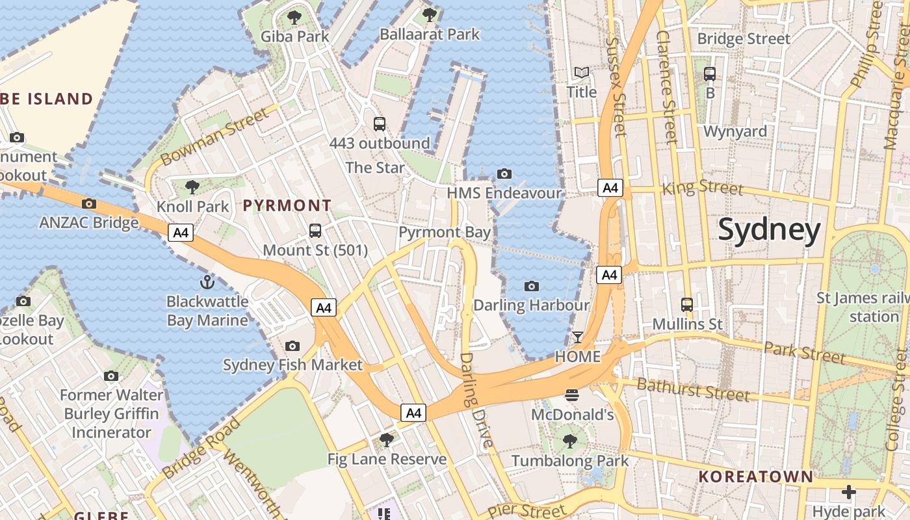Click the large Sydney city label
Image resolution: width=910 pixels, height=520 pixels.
pyautogui.click(x=769, y=231)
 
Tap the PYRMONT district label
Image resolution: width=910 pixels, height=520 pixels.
pyautogui.click(x=287, y=205)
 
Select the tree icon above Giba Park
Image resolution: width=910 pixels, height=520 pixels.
pyautogui.click(x=294, y=17)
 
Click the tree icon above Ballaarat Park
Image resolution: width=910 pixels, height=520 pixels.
pyautogui.click(x=429, y=14)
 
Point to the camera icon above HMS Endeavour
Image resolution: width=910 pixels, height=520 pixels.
pyautogui.click(x=504, y=174)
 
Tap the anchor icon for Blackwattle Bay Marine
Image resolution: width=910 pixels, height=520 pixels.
pyautogui.click(x=207, y=281)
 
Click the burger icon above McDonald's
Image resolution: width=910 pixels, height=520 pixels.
pyautogui.click(x=572, y=395)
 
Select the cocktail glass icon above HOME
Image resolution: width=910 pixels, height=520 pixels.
pyautogui.click(x=577, y=337)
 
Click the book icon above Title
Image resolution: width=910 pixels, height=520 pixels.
pyautogui.click(x=581, y=72)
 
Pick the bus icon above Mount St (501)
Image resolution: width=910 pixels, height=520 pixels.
pyautogui.click(x=315, y=230)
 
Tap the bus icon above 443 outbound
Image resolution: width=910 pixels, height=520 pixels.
pyautogui.click(x=379, y=123)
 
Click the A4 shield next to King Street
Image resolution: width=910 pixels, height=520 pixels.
pyautogui.click(x=610, y=188)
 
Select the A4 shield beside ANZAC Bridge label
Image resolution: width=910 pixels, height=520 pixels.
pyautogui.click(x=181, y=232)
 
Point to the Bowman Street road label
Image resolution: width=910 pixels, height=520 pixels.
pyautogui.click(x=214, y=136)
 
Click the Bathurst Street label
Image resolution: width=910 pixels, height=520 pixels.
pyautogui.click(x=693, y=389)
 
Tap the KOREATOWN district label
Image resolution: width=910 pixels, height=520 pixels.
pyautogui.click(x=755, y=476)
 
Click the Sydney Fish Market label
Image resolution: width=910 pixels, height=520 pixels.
pyautogui.click(x=292, y=365)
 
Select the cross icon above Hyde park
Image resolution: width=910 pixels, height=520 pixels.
pyautogui.click(x=848, y=491)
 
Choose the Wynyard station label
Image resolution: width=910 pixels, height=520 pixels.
pyautogui.click(x=735, y=131)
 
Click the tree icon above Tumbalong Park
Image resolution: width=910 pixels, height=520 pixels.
pyautogui.click(x=570, y=441)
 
